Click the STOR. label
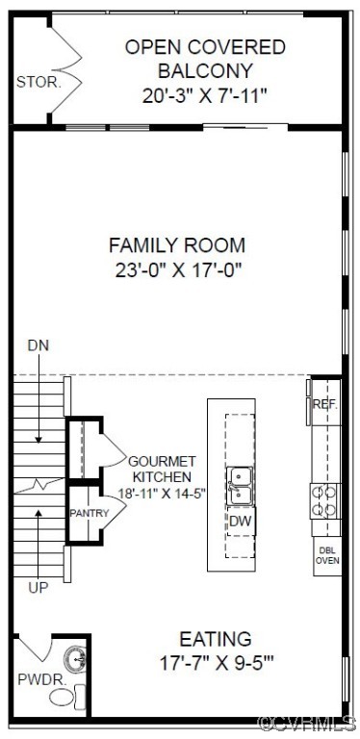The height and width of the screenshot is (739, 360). (39, 82)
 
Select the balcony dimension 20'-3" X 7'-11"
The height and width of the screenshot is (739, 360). (203, 95)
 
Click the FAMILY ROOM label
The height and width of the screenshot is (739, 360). (176, 244)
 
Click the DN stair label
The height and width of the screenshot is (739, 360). (38, 344)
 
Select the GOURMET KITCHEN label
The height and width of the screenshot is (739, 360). (161, 469)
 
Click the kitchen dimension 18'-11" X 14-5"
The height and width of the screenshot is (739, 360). (161, 493)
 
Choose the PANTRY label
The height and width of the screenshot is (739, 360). (88, 513)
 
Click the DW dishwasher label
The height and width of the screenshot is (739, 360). (241, 521)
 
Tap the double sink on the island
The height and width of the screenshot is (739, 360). (241, 486)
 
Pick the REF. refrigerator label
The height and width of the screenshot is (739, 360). (326, 405)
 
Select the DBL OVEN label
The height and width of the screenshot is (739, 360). (328, 555)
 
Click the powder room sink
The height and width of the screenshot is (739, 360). (76, 659)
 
